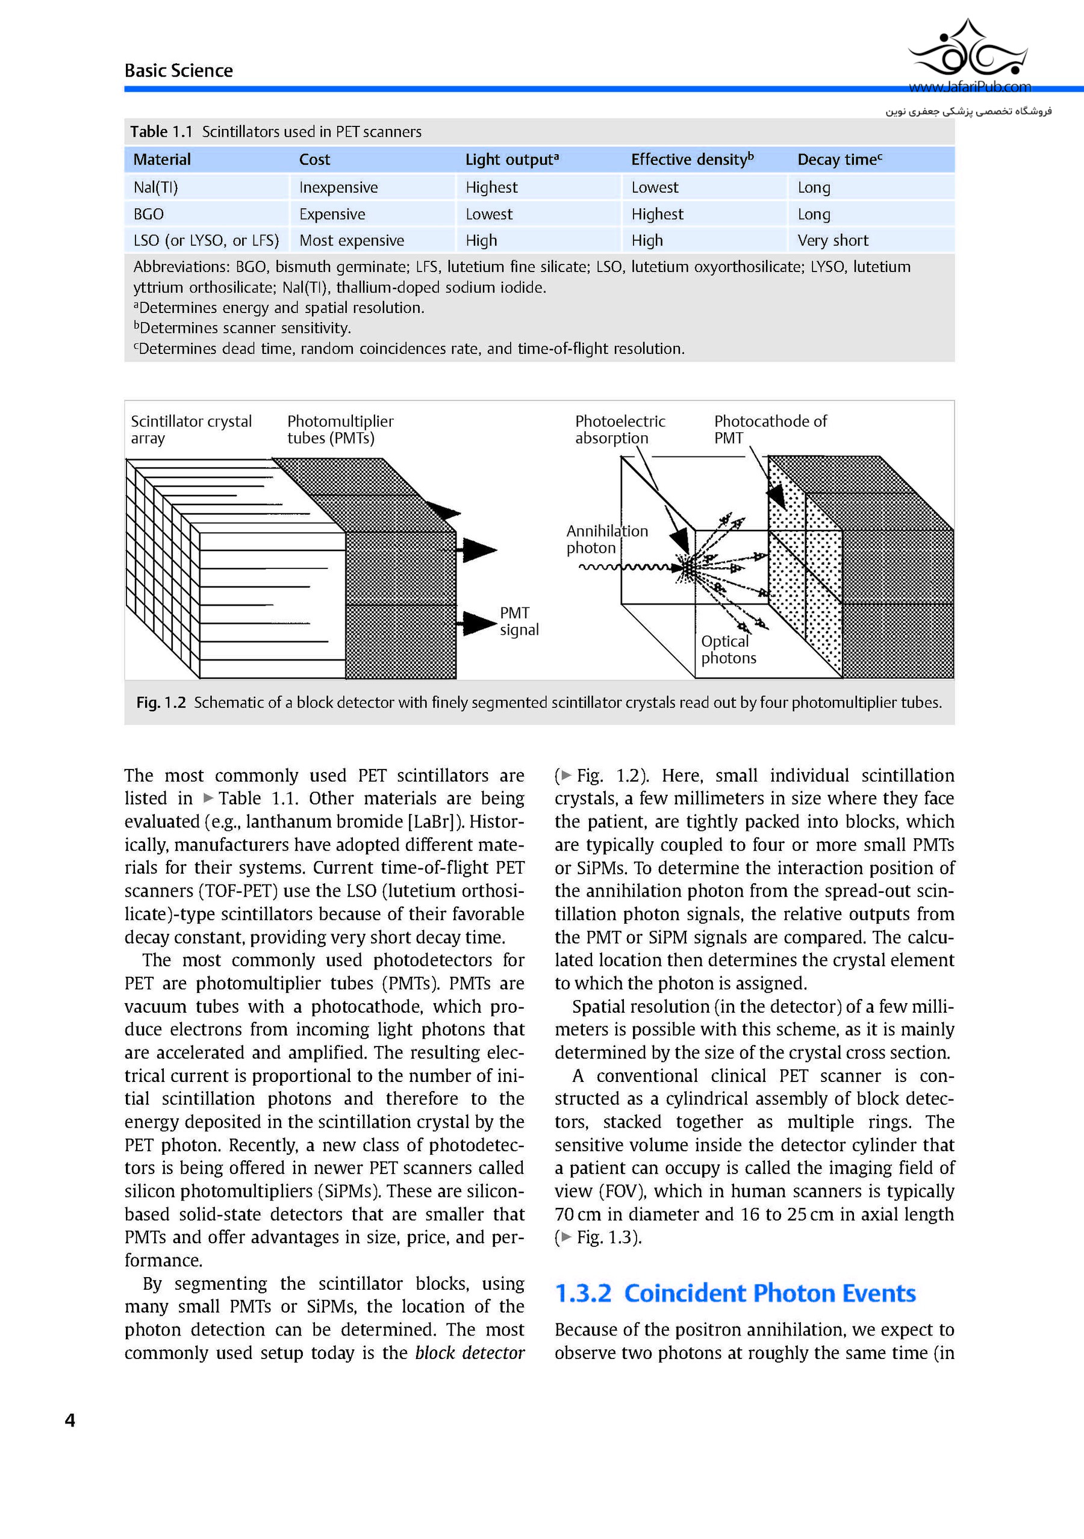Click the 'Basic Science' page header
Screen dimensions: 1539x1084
tap(178, 70)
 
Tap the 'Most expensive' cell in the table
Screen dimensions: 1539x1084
tap(351, 241)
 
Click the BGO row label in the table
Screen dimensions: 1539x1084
tap(148, 214)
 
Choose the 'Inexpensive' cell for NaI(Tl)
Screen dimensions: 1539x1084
tap(338, 188)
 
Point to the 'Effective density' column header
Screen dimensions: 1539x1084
tap(692, 160)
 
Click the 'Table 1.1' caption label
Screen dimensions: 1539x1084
tap(161, 132)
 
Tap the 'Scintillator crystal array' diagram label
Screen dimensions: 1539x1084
tap(191, 430)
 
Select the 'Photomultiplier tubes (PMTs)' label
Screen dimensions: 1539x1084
tap(340, 430)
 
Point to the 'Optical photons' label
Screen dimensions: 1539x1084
tap(728, 650)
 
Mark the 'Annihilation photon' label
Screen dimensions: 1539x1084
tap(606, 539)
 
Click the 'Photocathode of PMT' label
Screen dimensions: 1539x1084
tap(770, 430)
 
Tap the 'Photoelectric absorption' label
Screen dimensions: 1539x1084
tap(620, 430)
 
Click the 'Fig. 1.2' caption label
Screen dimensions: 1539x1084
tap(161, 703)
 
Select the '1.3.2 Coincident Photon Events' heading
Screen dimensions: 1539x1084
tap(735, 1293)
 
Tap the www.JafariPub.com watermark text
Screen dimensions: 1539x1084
tap(970, 87)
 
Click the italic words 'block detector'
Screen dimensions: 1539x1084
tap(469, 1353)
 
